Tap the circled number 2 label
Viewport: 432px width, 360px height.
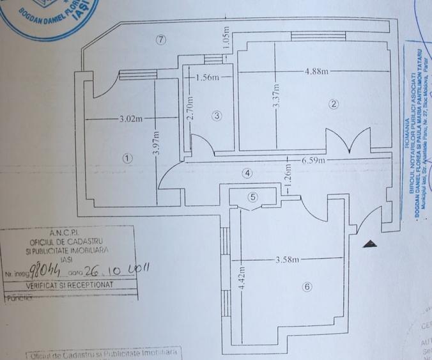333,104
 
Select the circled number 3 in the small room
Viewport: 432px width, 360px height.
217,116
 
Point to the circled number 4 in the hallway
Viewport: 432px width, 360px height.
247,173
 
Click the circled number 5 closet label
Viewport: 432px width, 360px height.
253,197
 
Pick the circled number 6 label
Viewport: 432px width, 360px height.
307,287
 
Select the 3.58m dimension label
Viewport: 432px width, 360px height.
287,260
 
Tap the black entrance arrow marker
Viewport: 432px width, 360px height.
369,243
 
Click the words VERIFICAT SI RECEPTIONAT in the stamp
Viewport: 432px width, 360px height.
69,283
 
